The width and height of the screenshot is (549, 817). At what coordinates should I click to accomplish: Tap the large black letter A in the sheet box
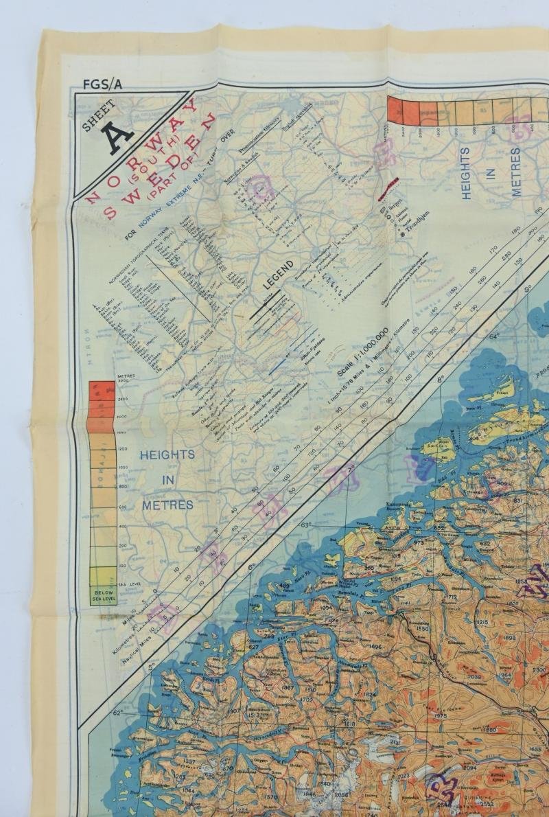(x=119, y=135)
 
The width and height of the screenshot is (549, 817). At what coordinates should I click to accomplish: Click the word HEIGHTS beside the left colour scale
(x=167, y=454)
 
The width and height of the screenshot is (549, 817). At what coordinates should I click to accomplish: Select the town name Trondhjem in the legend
(x=419, y=235)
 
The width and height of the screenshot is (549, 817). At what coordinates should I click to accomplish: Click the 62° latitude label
(x=117, y=713)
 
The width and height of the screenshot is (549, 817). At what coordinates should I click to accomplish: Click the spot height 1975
(x=439, y=716)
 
